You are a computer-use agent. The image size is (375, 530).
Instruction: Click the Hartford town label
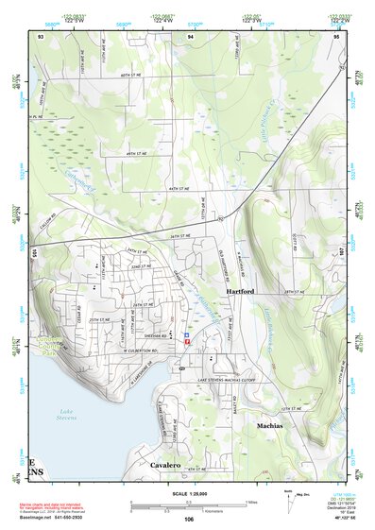241,293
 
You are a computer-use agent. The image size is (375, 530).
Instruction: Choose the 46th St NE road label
139,153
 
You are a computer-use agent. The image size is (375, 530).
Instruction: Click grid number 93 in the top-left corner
41,36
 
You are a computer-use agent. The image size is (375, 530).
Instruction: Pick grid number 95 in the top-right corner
336,36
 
